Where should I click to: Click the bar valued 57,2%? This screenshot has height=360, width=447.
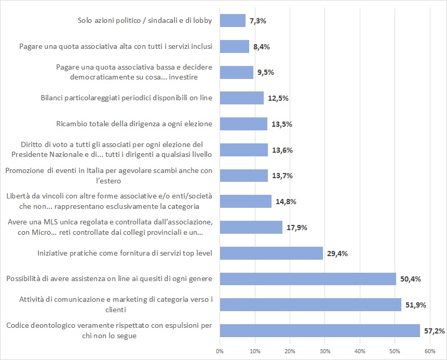320,330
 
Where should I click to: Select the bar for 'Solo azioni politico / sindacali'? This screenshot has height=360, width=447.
233,20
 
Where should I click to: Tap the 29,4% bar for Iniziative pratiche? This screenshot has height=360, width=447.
272,253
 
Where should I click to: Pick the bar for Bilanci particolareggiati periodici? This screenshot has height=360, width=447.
242,98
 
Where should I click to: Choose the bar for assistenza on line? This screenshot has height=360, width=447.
308,279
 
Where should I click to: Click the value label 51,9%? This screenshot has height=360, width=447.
416,305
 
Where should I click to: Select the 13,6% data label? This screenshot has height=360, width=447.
281,150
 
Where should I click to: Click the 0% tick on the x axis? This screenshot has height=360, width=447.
220,352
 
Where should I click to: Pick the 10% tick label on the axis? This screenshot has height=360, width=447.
255,352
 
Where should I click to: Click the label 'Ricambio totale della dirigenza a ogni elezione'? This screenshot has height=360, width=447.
134,124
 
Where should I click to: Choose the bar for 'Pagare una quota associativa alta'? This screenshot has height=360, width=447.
235,46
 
